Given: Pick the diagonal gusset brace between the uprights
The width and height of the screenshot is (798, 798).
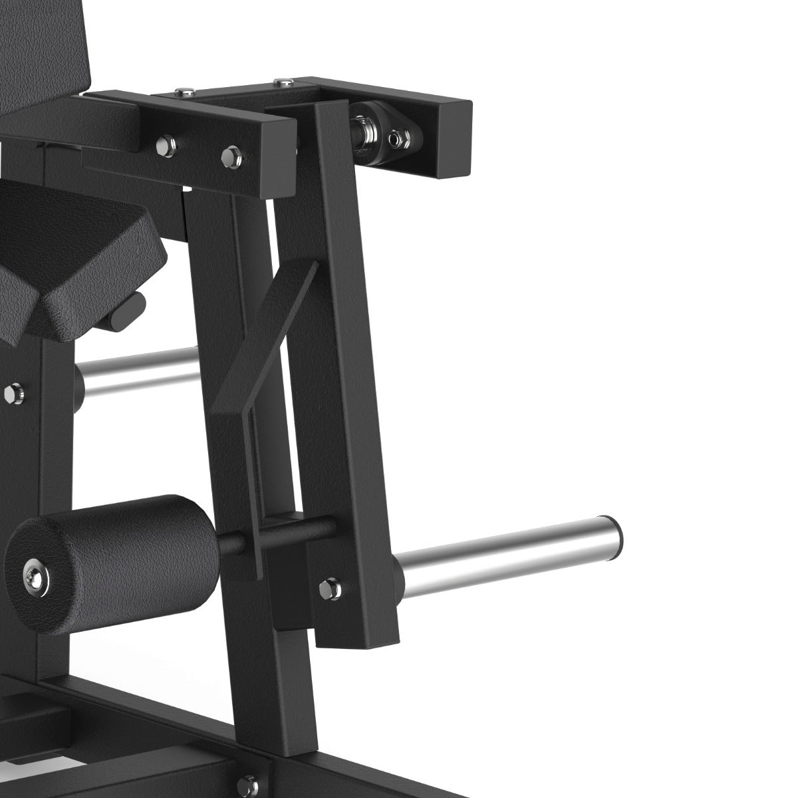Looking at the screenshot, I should [266, 346].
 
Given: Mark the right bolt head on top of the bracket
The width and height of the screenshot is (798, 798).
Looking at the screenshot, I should [283, 82].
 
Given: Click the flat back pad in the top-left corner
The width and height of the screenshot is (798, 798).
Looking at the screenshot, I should [47, 53].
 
